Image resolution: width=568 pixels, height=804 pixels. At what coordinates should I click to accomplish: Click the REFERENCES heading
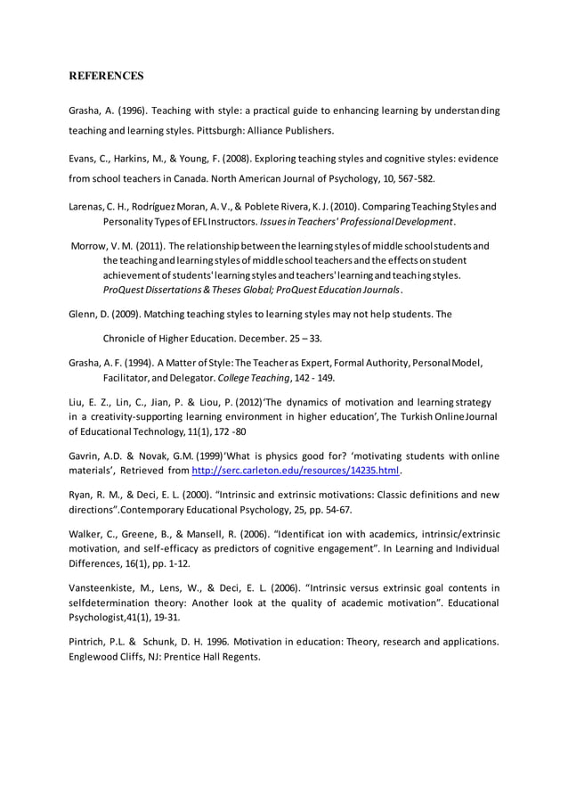tap(106, 76)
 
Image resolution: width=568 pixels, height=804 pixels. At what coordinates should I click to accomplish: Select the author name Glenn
tap(85, 314)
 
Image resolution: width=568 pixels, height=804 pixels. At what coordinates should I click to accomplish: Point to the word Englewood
tap(99, 657)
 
